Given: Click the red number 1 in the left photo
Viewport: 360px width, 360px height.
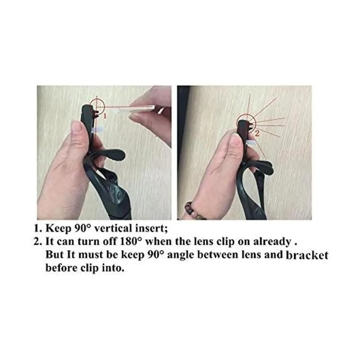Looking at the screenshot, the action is coord(105,116).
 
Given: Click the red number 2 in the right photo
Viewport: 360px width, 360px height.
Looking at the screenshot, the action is coord(257,133).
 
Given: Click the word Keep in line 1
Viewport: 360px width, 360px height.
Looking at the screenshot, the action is coord(58,229).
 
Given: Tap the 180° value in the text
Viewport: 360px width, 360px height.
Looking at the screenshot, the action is coord(130,241).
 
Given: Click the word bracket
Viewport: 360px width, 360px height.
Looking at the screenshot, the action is coord(307,255).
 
